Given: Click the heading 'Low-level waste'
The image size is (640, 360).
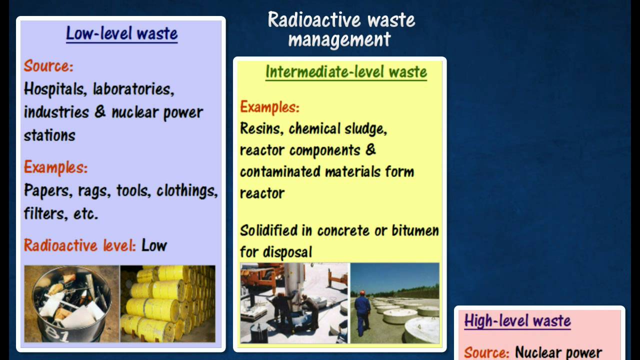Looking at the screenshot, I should pyautogui.click(x=121, y=33).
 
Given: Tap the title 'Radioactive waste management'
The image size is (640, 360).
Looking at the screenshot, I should pyautogui.click(x=341, y=29).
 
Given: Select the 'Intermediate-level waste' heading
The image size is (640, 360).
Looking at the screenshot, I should pyautogui.click(x=346, y=72).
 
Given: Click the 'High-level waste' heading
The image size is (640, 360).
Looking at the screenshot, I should pyautogui.click(x=517, y=320).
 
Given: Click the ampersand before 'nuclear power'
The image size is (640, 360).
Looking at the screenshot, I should pyautogui.click(x=100, y=111).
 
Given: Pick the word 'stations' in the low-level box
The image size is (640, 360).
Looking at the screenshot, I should pyautogui.click(x=49, y=135).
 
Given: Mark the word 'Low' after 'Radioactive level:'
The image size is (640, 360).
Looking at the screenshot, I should pyautogui.click(x=154, y=245).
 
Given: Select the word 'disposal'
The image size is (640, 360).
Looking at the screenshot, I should pyautogui.click(x=286, y=252).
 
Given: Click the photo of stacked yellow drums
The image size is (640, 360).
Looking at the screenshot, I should pyautogui.click(x=167, y=303).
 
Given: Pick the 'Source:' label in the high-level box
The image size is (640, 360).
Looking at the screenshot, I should pyautogui.click(x=486, y=352).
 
